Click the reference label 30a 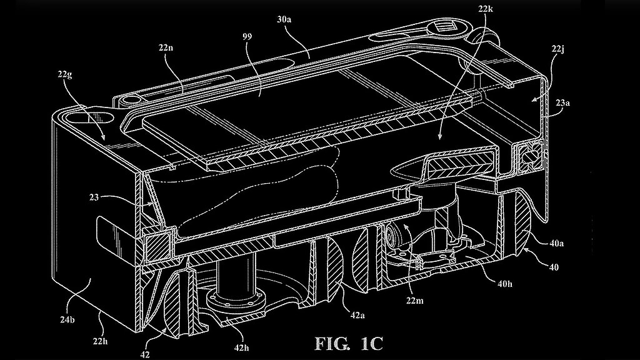tap(284, 19)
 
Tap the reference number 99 tap(247, 36)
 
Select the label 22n tap(166, 47)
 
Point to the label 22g tap(65, 75)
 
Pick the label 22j tap(557, 49)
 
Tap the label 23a tap(562, 103)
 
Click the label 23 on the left tap(94, 197)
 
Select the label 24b tap(67, 320)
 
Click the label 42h tap(241, 347)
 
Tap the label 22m tap(415, 301)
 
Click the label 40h tap(504, 284)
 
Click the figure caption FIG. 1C tap(349, 343)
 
